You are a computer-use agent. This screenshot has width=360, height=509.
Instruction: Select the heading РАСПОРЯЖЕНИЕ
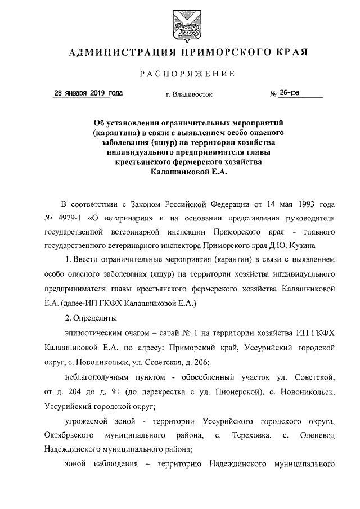pyautogui.click(x=180, y=74)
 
